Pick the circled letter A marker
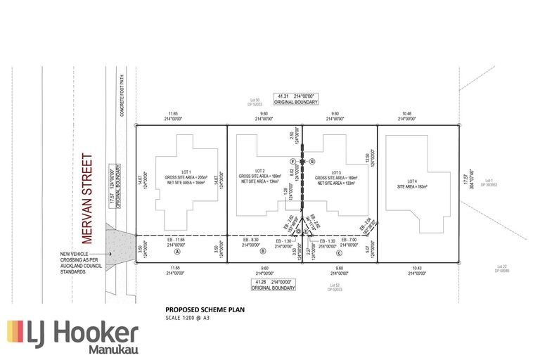tap(177, 251)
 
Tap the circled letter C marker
tap(338, 252)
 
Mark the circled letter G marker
tap(311, 161)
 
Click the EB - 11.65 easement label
tap(178, 240)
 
